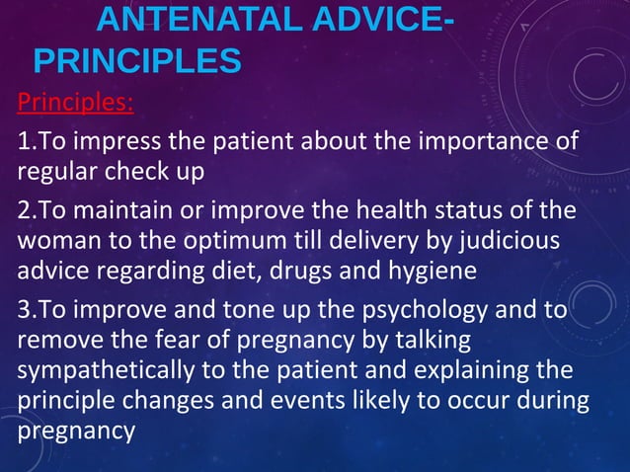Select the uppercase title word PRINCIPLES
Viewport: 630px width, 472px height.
(137, 62)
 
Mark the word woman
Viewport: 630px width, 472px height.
(52, 241)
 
